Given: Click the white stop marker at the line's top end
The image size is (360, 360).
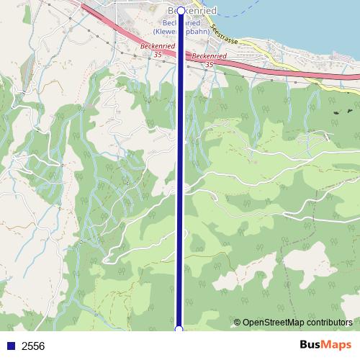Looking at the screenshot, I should click(x=181, y=12).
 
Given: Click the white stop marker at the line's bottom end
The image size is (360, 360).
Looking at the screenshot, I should click(x=179, y=329).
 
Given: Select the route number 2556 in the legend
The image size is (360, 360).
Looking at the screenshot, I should click(x=33, y=346).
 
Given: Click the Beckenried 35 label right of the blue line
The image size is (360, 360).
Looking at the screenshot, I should click(x=210, y=58).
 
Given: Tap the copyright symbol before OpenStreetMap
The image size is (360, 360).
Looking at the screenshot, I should click(x=237, y=323).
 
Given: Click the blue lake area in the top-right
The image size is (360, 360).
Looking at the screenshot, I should click(x=302, y=14).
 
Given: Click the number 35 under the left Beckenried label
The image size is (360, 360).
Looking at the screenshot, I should click(x=157, y=54).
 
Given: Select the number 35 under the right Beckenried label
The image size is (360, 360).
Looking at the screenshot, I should click(x=210, y=65).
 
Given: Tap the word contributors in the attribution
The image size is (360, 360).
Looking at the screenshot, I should click(x=327, y=323).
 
